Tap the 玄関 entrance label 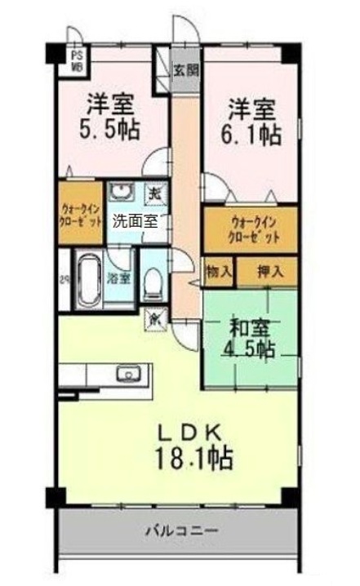(x=186, y=70)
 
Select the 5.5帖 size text (x=111, y=129)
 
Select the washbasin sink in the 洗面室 (x=122, y=193)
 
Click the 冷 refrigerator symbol (x=153, y=317)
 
